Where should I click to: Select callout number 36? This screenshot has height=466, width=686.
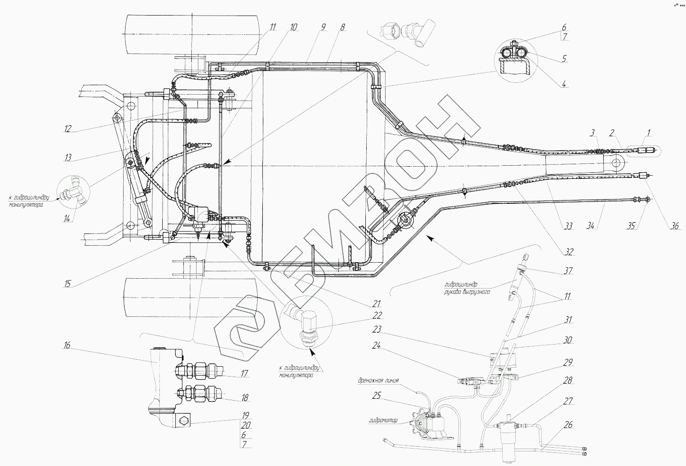[675, 226]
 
